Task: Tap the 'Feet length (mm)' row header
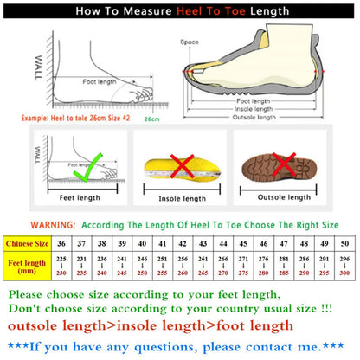pos(28,267)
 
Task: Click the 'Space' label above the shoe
pos(190,42)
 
